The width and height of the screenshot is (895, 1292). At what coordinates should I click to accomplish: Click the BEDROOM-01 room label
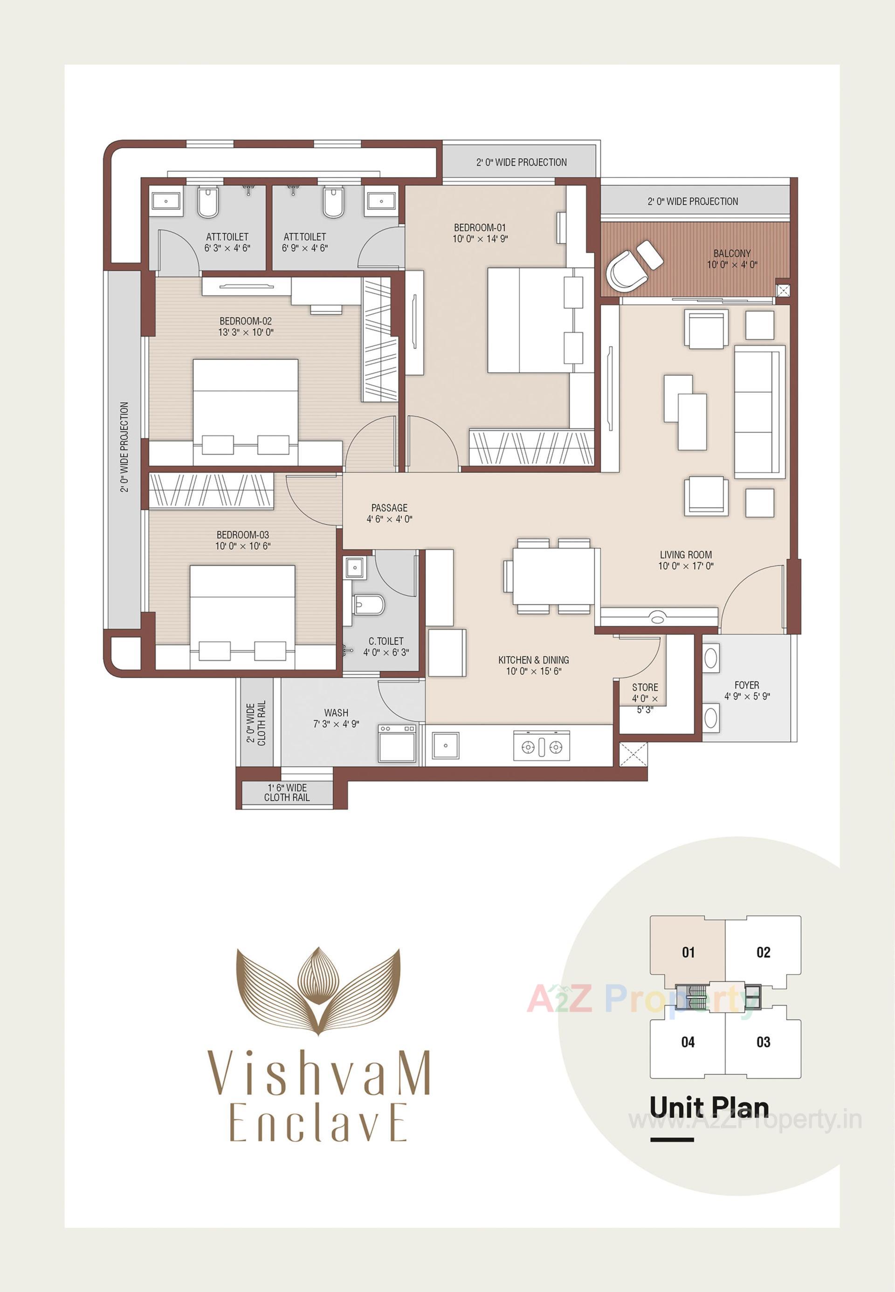pyautogui.click(x=480, y=228)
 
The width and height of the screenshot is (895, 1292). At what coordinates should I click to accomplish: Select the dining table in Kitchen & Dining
pyautogui.click(x=553, y=576)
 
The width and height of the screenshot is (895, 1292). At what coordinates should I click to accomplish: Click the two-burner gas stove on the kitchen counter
pyautogui.click(x=541, y=747)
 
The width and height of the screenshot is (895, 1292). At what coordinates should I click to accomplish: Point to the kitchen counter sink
pyautogui.click(x=445, y=746)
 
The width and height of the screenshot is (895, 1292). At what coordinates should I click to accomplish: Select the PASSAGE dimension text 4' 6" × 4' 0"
pyautogui.click(x=389, y=519)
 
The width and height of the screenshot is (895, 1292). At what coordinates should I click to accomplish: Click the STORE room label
pyautogui.click(x=645, y=687)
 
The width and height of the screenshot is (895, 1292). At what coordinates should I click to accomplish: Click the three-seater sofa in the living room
pyautogui.click(x=759, y=412)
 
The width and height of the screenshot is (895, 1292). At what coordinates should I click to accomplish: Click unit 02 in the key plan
pyautogui.click(x=763, y=952)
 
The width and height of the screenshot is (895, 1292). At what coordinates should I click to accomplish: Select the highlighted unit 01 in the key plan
pyautogui.click(x=688, y=952)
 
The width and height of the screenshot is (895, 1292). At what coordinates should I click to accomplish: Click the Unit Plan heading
pyautogui.click(x=709, y=1107)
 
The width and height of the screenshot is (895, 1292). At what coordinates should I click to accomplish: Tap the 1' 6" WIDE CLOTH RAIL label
pyautogui.click(x=287, y=792)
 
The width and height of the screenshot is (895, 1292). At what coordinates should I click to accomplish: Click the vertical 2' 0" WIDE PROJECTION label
pyautogui.click(x=124, y=447)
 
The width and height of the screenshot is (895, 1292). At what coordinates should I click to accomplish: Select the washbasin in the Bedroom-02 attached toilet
pyautogui.click(x=166, y=201)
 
